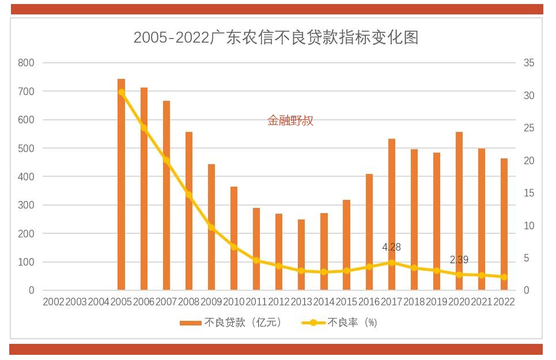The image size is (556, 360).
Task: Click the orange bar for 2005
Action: (121, 184)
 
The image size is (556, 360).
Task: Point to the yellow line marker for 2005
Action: (122, 92)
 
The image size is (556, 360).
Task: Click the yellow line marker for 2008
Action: (189, 195)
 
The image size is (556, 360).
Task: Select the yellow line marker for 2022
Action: (504, 277)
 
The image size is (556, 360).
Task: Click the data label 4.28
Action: (391, 247)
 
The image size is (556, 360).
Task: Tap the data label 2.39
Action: (459, 260)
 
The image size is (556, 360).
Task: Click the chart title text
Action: (276, 38)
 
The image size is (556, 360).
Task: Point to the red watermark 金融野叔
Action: (290, 120)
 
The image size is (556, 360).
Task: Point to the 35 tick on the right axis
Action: (529, 63)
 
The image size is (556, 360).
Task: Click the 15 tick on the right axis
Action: (529, 193)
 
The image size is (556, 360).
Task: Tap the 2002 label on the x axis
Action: (54, 302)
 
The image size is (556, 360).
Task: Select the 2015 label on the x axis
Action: (346, 302)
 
